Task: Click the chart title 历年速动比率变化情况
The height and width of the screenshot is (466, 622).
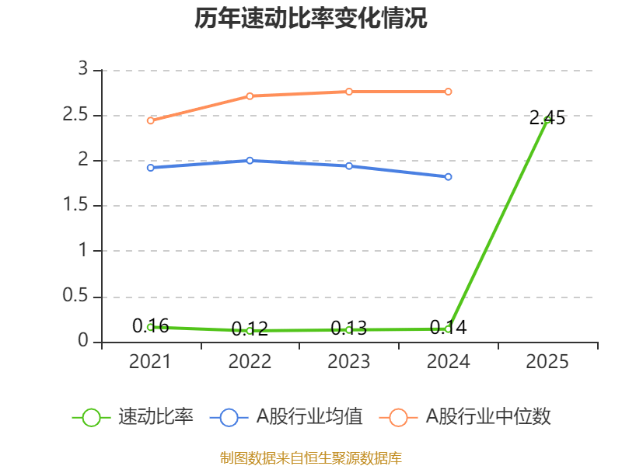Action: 311,19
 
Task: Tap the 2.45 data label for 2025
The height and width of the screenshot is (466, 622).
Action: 547,118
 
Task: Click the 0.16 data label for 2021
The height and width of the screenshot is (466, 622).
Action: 150,326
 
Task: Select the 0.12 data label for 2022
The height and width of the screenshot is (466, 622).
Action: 250,329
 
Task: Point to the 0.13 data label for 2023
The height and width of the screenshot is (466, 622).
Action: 349,329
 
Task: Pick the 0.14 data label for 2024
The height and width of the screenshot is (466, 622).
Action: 449,328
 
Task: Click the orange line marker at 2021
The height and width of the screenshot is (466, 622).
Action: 150,120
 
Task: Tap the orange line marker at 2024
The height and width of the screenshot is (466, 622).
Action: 449,92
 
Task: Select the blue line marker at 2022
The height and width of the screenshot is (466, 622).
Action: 250,160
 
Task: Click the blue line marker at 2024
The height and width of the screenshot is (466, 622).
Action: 449,177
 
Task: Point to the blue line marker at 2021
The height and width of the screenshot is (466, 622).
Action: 150,168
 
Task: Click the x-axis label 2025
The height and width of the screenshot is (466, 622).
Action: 547,362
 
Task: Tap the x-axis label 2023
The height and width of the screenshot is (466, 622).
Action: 349,362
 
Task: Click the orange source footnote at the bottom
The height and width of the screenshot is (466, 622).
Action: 311,457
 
